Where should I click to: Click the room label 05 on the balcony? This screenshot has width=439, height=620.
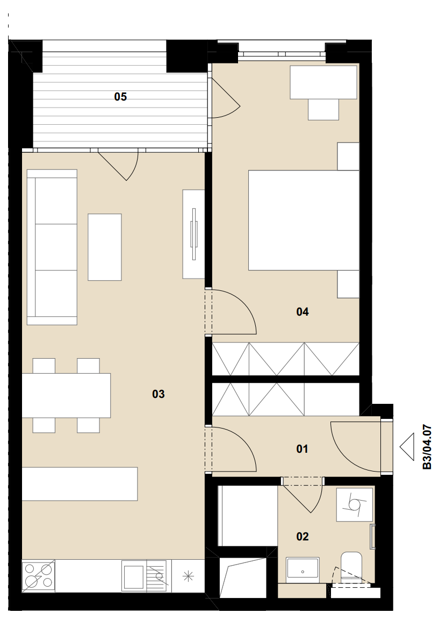120,96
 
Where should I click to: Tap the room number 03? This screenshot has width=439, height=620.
158,394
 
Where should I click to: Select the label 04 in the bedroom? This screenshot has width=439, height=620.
303,312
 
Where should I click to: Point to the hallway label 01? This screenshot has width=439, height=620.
302,449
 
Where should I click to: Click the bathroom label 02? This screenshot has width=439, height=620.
303,537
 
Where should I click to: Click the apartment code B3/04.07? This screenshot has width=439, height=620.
427,447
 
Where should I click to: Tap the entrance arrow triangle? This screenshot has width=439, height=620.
407,447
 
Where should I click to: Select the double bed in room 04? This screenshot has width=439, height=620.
304,220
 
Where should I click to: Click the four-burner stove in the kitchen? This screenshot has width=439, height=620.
38,576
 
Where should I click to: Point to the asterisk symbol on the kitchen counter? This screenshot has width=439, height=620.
188,576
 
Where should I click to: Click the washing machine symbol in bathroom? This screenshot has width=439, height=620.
355,504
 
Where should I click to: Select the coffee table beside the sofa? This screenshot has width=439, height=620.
105,247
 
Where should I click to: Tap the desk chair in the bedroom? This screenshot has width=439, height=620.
323,109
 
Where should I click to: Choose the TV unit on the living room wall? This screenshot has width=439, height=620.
193,234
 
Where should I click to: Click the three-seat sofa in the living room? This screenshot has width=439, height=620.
52,247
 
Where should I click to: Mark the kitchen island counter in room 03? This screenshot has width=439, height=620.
80,483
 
